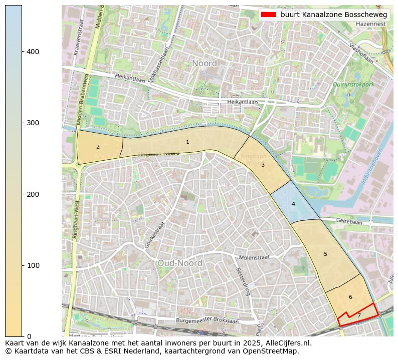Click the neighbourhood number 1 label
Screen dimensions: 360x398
[x=187, y=142]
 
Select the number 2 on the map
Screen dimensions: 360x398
[x=98, y=147]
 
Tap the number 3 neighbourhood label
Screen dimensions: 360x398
[x=263, y=165]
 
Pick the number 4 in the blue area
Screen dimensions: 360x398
[x=293, y=204]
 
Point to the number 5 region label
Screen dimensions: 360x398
[x=325, y=254]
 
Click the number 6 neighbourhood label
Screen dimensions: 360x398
[x=350, y=297]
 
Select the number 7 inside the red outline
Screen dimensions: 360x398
[x=359, y=316]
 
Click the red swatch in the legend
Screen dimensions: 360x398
[x=268, y=15]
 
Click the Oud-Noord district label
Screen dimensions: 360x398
[x=179, y=263]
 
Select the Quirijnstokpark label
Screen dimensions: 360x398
[x=353, y=85]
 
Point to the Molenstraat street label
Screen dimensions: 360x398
[x=254, y=257]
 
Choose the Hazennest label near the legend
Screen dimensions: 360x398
[x=371, y=24]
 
